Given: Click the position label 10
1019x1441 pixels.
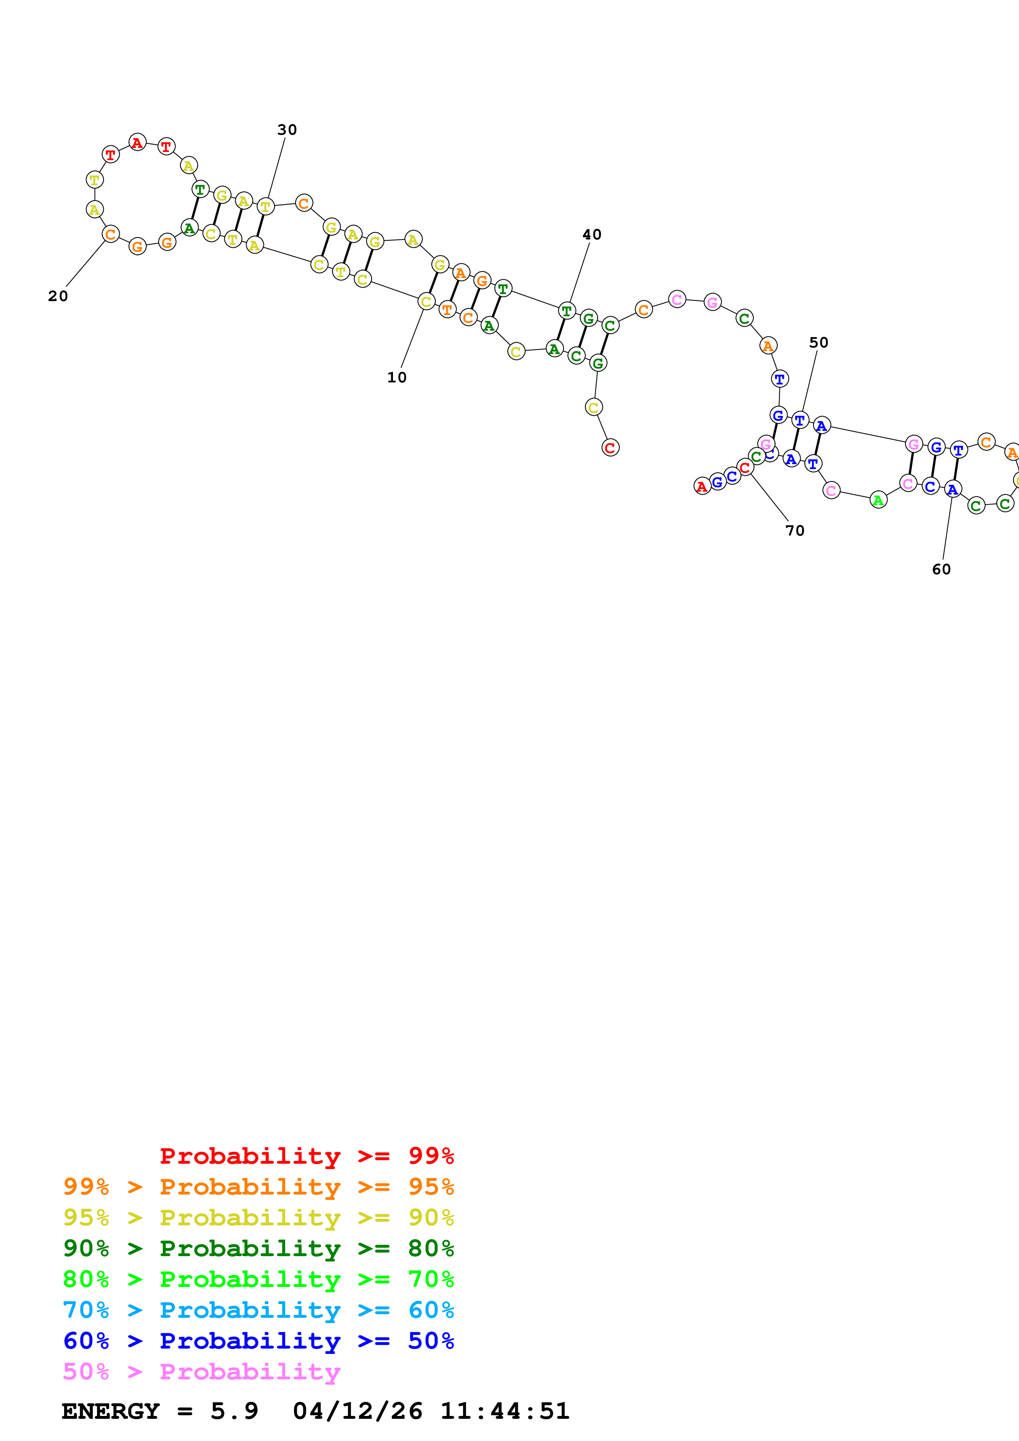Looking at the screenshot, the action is [396, 377].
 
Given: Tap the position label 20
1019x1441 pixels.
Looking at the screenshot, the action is [58, 296].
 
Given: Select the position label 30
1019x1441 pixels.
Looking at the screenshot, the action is [287, 130].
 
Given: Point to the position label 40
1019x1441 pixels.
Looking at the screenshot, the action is [592, 235].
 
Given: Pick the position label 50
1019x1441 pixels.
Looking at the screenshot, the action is [818, 343].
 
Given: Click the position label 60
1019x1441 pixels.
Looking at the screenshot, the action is [941, 569].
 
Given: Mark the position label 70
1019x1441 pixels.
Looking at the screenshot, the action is [795, 530].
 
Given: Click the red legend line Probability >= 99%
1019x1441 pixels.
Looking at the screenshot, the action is [306, 1156].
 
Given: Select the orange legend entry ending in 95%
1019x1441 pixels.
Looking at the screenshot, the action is [258, 1187].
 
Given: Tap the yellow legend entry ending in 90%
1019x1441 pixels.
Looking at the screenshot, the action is [258, 1218].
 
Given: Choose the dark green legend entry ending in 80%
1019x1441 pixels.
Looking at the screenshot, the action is [258, 1248].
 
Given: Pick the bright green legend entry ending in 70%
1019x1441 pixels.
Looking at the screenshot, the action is [258, 1279].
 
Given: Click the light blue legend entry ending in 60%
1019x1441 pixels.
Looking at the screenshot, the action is [258, 1310].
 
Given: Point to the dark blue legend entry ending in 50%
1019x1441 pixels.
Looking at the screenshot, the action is [258, 1341].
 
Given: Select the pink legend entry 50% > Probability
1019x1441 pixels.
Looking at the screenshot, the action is [201, 1371].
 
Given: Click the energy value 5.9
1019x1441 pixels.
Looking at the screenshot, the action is [234, 1411].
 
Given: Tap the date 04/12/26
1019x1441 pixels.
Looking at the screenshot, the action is [357, 1411].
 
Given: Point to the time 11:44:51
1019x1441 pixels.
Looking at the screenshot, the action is [505, 1411].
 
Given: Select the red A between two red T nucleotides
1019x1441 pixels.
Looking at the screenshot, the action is [138, 143].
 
